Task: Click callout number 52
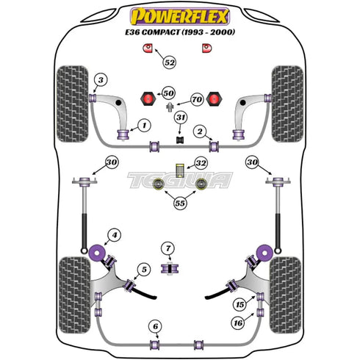click(170, 64)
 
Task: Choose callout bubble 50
click(169, 93)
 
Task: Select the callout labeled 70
click(196, 98)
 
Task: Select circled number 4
click(113, 237)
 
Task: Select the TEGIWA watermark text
click(180, 181)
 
